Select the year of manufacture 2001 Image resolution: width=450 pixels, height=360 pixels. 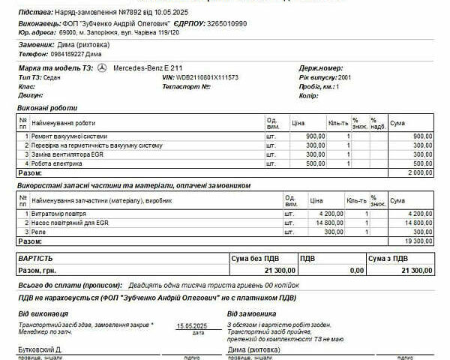tap(344, 77)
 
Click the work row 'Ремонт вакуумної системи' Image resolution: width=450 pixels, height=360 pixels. tap(70, 136)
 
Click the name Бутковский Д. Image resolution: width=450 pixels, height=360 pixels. tap(39, 350)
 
